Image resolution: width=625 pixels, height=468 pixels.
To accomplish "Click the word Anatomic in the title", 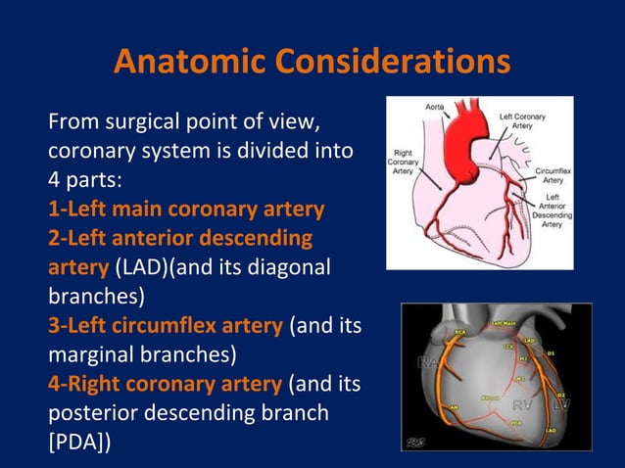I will pos(187,61).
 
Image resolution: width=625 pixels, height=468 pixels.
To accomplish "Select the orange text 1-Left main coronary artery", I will pos(186,210).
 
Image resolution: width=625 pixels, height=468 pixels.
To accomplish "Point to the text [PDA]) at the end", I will pos(78,443).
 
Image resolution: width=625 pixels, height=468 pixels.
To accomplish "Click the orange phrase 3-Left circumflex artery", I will pos(167,324).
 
